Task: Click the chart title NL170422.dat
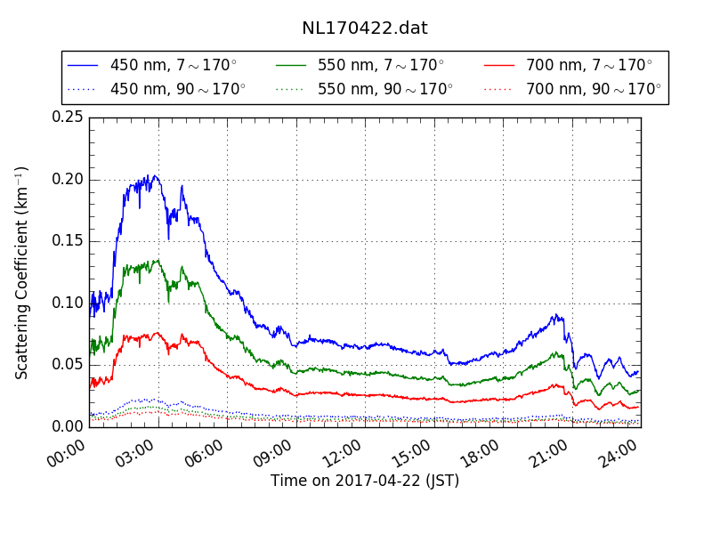pos(365,28)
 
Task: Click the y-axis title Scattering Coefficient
pos(22,272)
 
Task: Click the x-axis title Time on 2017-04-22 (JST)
pos(365,481)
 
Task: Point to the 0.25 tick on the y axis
pos(68,117)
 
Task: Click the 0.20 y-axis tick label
pos(68,179)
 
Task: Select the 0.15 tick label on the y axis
pos(68,241)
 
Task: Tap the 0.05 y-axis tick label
pos(68,364)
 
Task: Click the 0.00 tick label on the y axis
pos(68,426)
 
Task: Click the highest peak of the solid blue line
pos(153,175)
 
